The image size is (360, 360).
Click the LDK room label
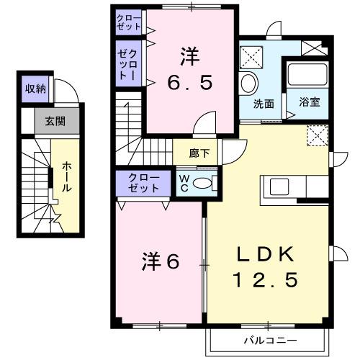point(266,254)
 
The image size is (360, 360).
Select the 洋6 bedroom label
point(161,260)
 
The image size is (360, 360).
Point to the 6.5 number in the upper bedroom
point(191,83)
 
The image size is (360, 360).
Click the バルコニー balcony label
point(264,338)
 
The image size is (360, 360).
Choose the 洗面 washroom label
point(264,103)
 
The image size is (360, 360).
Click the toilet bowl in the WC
point(203,184)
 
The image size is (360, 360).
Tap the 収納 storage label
point(35,89)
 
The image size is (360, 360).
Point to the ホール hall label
point(66,176)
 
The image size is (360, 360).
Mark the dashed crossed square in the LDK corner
point(317,135)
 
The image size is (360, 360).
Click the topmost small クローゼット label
point(129,20)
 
